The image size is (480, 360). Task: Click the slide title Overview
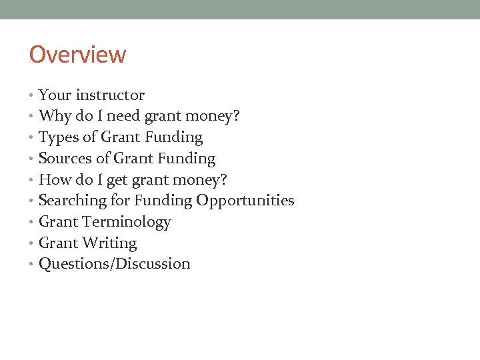coord(77,55)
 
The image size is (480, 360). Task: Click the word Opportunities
coord(245,201)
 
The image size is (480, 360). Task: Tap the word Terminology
coord(126,222)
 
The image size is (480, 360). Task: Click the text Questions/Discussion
coord(115,264)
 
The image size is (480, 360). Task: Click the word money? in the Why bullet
coord(215,117)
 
